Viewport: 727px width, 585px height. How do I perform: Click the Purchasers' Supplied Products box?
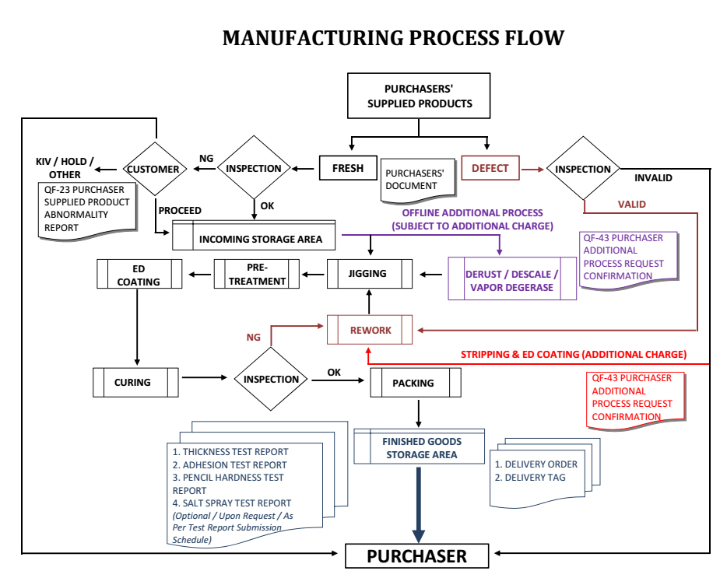coord(419,96)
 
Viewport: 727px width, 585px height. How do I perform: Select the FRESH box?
coord(347,168)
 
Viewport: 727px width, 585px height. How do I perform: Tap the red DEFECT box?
coord(490,168)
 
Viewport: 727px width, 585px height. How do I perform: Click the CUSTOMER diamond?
coord(153,169)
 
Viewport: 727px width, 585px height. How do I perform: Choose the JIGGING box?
coord(368,274)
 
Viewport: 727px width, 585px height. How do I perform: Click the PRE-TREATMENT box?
coord(257,274)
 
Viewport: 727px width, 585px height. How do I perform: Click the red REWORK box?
coord(370,331)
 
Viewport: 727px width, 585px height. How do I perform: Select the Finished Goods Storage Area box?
coord(420,448)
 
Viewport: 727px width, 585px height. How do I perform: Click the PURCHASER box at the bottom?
coord(417,556)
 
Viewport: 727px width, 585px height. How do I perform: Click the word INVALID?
coord(653,177)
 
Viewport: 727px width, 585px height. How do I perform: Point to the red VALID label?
coord(631,205)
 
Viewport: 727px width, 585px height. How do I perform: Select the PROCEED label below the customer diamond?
coord(180,210)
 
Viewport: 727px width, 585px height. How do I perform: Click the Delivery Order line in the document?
coord(536,464)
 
